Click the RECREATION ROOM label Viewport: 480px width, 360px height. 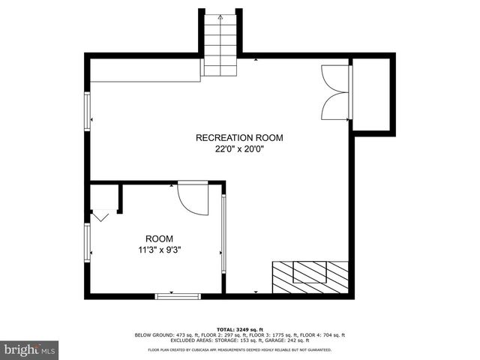[239, 137]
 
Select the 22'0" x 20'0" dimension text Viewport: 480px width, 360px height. [239, 148]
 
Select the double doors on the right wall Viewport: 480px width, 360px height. [335, 92]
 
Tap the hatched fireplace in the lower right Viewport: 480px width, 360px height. [310, 277]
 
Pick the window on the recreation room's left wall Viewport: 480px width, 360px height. [88, 111]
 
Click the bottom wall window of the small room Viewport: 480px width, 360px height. [178, 296]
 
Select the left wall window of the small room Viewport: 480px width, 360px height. [88, 243]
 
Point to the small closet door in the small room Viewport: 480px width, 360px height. [100, 215]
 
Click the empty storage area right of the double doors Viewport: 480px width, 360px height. [372, 94]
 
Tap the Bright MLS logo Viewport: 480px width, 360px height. [29, 349]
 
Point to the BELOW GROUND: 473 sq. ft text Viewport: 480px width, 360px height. [163, 334]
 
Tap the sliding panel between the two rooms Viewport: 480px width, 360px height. [223, 238]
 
